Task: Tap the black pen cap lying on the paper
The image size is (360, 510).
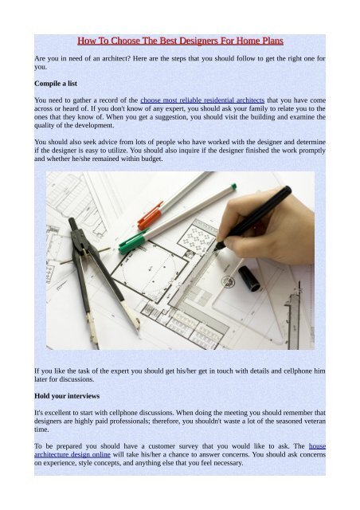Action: point(248,278)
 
